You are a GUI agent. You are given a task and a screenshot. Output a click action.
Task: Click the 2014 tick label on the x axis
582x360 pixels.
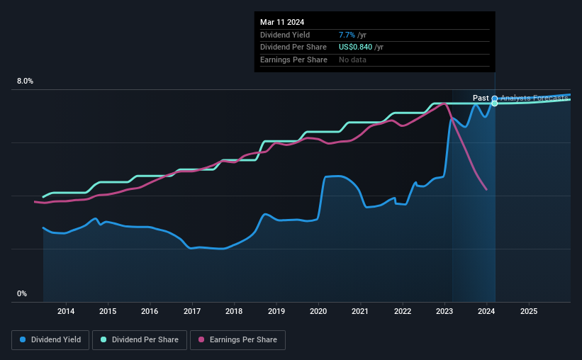coord(66,311)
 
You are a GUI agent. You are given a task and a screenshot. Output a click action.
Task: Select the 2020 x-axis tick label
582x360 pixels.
coord(318,311)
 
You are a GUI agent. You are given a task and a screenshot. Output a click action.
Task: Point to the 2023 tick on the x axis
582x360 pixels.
coord(444,311)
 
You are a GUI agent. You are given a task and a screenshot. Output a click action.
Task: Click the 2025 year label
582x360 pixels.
coord(529,311)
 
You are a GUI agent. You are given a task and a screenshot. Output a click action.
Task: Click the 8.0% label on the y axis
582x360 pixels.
coord(26,81)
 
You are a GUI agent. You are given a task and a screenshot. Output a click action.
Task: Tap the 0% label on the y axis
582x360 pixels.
coord(22,293)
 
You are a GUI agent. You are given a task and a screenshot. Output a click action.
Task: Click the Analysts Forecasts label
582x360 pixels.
coord(533,98)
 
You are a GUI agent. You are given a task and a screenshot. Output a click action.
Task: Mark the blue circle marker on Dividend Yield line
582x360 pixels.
coord(495,99)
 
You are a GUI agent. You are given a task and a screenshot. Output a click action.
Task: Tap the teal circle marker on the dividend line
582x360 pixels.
coord(495,103)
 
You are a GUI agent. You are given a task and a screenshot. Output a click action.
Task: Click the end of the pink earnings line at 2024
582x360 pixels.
coord(486,189)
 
